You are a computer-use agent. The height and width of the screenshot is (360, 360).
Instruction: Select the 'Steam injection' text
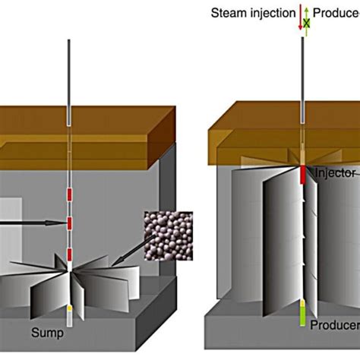[257, 12]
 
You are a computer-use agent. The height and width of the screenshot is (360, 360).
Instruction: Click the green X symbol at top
[307, 24]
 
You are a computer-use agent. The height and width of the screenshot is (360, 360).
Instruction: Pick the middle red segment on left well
[69, 223]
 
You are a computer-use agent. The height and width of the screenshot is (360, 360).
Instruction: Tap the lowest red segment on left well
[69, 253]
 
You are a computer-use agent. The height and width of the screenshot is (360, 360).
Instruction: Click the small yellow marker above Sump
[69, 309]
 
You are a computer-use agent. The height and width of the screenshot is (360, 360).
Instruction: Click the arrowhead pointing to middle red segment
[59, 223]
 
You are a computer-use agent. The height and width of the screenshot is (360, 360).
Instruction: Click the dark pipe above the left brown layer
[69, 76]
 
